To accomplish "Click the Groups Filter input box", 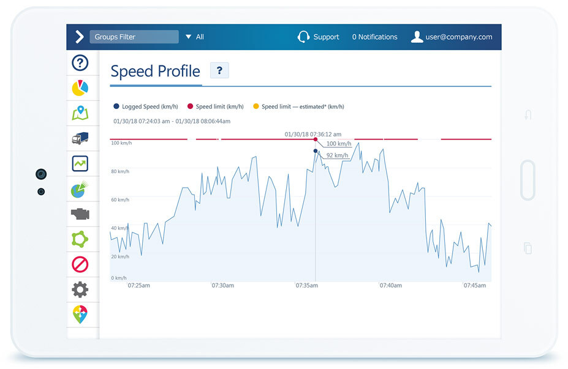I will coord(134,37).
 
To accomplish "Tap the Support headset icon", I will coord(303,37).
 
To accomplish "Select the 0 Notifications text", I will coord(374,37).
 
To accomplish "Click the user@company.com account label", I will coord(460,37).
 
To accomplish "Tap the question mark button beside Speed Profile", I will coord(219,71).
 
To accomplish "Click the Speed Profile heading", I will coord(155,72).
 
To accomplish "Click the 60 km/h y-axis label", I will coord(120,200).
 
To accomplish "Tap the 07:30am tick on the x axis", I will coord(222,285).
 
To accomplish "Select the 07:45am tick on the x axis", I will coord(475,285).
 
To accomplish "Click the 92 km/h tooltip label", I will coord(337,155).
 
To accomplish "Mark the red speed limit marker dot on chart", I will coord(316,140).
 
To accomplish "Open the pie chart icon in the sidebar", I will coord(80,88).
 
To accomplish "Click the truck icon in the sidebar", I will coord(80,138).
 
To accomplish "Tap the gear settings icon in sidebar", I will coord(80,289).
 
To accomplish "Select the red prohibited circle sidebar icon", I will coord(80,264).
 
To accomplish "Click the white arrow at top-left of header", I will coord(79,37).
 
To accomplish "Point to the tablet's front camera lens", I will coord(41,174).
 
